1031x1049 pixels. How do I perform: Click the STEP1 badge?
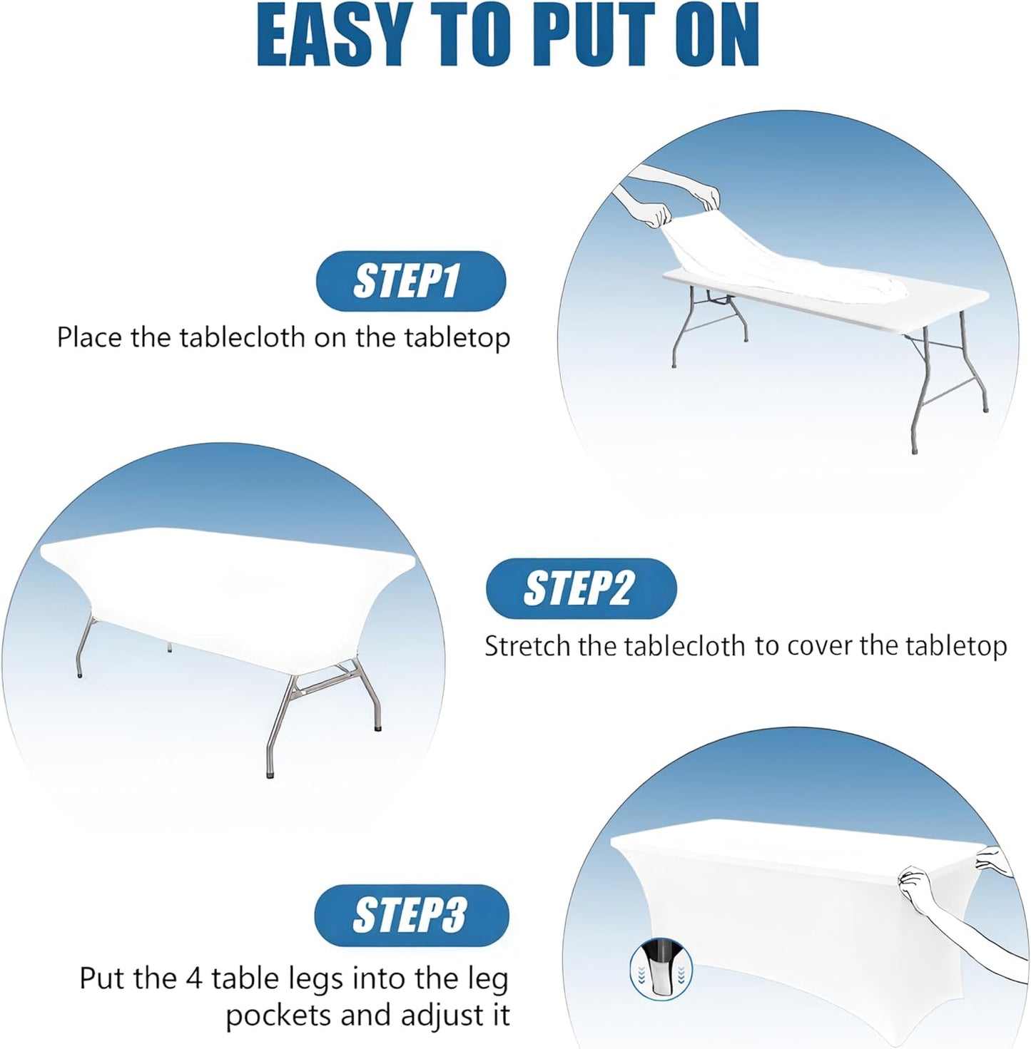coord(410,281)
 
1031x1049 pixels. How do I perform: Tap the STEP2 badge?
coord(581,588)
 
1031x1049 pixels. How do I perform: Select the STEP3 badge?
coord(411,916)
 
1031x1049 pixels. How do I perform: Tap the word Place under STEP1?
coord(90,337)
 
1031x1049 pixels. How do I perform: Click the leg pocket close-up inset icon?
coord(661,968)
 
